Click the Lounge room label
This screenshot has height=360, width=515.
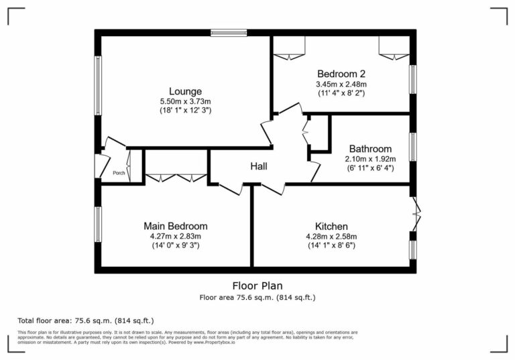[185, 91]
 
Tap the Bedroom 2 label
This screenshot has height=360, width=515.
[341, 74]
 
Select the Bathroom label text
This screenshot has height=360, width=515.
[370, 149]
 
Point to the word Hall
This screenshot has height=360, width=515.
[260, 166]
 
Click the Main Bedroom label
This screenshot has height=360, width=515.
[176, 226]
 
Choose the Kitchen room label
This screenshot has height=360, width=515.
[331, 226]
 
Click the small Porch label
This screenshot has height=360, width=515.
[119, 174]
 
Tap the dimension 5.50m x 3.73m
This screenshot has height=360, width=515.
[185, 101]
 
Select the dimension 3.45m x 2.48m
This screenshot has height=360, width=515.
[341, 84]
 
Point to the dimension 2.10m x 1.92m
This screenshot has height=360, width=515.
[370, 159]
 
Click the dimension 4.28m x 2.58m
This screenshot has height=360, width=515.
[331, 236]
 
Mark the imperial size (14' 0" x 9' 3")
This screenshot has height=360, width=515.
[176, 245]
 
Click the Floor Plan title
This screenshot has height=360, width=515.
[257, 285]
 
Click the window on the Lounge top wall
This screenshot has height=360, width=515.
[228, 32]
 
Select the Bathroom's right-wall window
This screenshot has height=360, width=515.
[413, 147]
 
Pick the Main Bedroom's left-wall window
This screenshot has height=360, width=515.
[98, 225]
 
